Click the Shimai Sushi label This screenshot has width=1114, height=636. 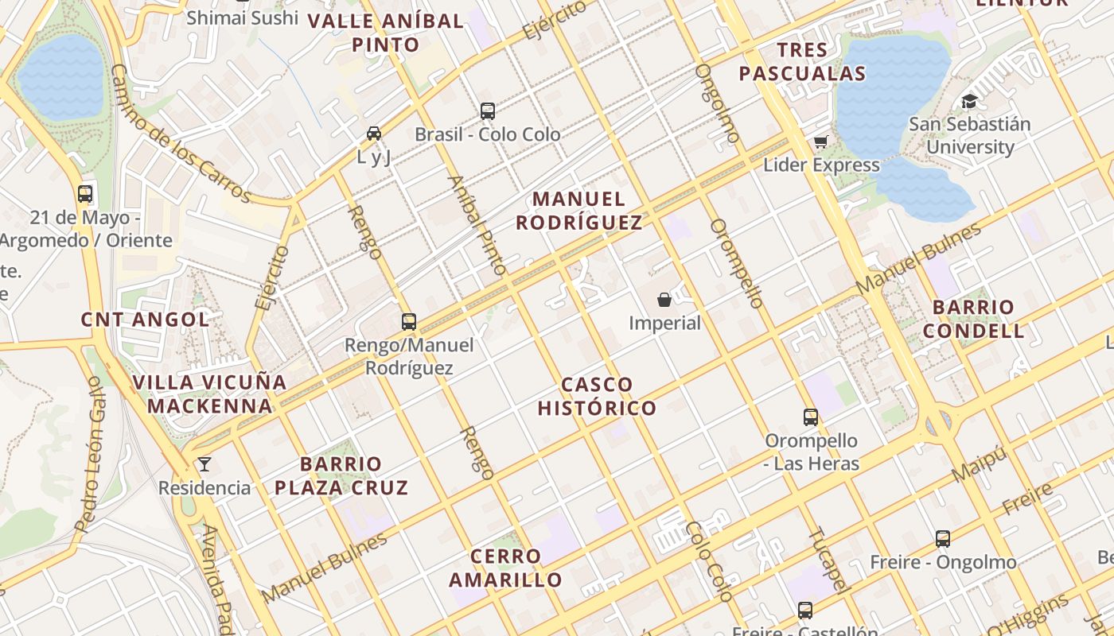(x=242, y=17)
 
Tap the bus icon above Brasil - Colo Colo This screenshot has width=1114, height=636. (x=488, y=111)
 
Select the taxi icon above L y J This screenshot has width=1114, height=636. (x=374, y=133)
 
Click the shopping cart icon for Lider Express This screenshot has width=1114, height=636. (x=821, y=142)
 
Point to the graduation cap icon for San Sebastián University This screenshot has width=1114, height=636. (x=969, y=101)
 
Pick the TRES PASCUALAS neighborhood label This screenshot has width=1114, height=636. (x=802, y=62)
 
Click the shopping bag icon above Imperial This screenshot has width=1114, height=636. (x=664, y=300)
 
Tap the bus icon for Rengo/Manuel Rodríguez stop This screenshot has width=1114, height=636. (x=409, y=321)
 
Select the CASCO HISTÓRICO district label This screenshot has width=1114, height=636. (x=597, y=396)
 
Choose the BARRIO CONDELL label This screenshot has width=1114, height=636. (x=973, y=319)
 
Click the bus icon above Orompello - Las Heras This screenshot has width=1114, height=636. (x=811, y=417)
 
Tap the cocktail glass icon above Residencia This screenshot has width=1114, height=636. (x=204, y=463)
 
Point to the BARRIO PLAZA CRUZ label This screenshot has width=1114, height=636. (x=341, y=475)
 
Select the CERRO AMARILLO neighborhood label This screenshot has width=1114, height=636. (x=505, y=568)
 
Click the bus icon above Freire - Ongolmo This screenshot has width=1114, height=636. (x=943, y=538)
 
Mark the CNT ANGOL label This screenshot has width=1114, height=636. (x=145, y=320)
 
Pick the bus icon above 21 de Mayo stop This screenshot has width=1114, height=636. (x=85, y=193)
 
